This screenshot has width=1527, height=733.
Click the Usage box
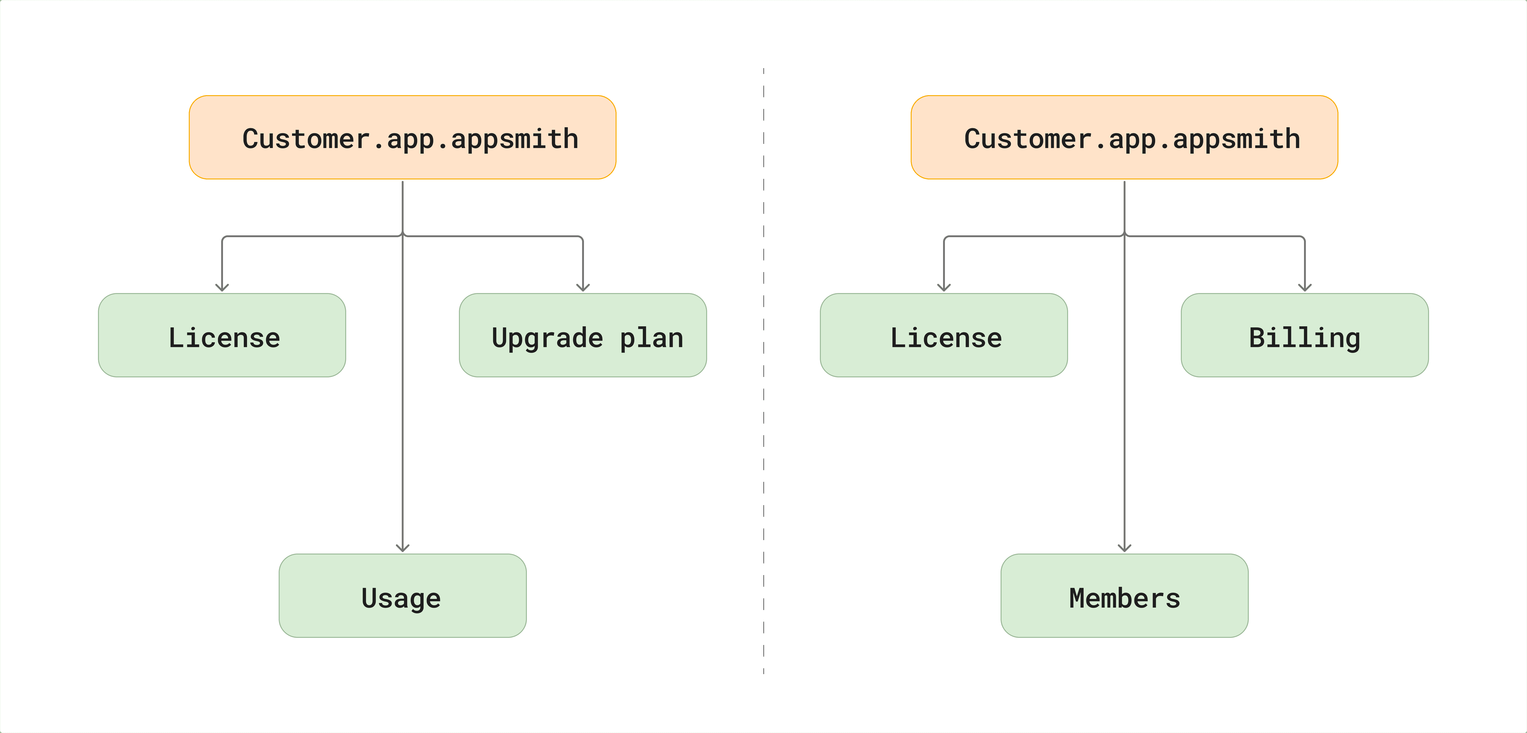coord(403,596)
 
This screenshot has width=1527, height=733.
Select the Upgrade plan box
coord(583,335)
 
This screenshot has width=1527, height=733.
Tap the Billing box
coord(1305,335)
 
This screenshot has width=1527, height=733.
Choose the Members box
coord(1124,596)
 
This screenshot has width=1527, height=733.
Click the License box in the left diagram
coord(222,335)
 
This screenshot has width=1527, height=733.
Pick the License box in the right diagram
coord(944,335)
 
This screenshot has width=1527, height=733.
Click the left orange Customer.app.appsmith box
coord(403,137)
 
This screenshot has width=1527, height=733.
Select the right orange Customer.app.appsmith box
coord(1124,137)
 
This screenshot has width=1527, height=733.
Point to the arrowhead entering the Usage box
coord(403,548)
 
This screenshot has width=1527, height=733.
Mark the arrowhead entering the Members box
coord(1124,548)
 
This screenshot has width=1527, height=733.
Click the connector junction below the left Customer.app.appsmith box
coord(403,236)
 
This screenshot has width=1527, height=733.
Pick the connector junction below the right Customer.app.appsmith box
coord(1124,236)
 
